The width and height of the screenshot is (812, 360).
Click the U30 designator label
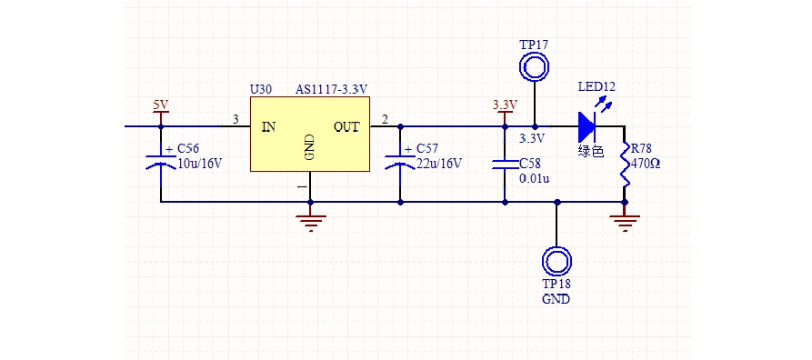260,90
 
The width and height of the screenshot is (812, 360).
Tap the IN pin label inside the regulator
268,127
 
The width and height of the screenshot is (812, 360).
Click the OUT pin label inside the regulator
346,127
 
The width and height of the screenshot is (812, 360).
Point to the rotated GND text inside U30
310,146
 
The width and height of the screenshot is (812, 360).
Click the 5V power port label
161,105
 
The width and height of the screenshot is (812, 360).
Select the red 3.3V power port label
504,105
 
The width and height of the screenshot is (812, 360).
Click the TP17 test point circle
534,67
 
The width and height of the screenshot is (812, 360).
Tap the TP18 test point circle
556,262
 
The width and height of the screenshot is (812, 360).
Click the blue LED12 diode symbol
587,125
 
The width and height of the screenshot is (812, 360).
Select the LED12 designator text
596,87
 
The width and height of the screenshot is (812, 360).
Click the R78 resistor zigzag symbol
625,165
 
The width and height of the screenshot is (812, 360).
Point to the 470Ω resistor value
645,165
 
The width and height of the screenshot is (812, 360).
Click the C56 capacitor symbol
161,163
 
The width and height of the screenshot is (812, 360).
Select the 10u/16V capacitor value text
199,165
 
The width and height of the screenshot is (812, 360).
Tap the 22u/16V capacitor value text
438,165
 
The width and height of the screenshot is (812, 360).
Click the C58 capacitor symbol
504,165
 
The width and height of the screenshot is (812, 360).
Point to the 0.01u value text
534,178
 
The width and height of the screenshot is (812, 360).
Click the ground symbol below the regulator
310,220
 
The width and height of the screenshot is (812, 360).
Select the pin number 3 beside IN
236,119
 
